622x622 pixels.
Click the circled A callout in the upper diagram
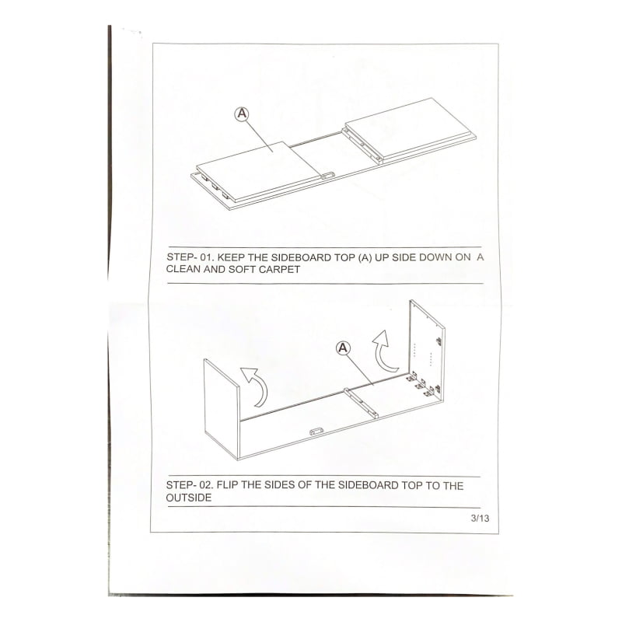point(242,114)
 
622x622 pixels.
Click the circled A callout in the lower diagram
point(343,348)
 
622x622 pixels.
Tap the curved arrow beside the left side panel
point(256,386)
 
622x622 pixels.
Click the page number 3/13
point(480,518)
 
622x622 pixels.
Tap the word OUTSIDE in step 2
point(189,498)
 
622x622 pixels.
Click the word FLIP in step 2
point(227,485)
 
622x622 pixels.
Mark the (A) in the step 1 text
point(365,257)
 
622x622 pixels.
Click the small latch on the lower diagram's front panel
point(316,432)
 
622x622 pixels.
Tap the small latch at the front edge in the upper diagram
point(327,176)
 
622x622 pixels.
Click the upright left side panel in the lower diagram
point(222,409)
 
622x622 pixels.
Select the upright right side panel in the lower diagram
point(427,351)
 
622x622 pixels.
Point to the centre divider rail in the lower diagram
point(361,403)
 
